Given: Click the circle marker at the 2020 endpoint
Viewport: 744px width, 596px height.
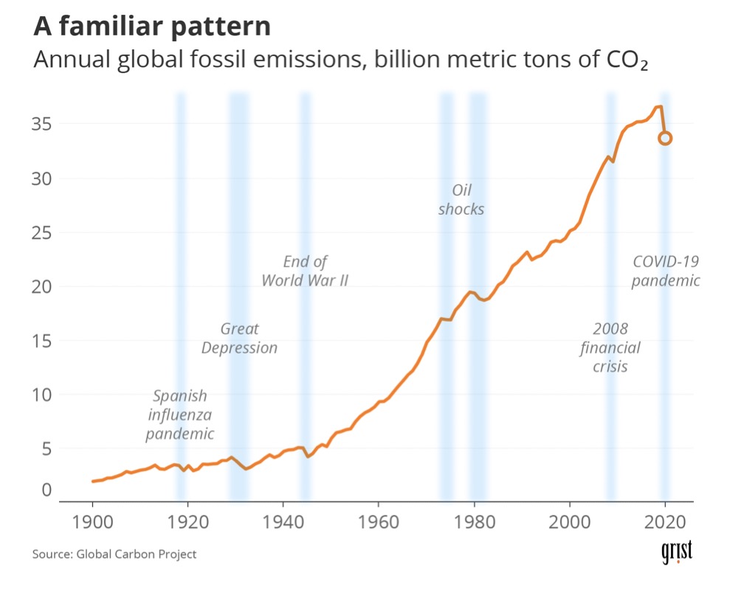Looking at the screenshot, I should coord(665,138).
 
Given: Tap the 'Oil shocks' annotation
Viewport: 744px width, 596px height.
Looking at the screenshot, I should coord(461,199).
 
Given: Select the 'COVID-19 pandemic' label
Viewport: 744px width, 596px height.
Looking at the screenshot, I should coord(666,271).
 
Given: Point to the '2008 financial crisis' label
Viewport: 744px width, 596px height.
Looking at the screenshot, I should coord(610,347).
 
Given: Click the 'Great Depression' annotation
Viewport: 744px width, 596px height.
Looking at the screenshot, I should coord(240,338).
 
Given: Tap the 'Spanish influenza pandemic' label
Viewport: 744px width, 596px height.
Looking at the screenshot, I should coord(180,415).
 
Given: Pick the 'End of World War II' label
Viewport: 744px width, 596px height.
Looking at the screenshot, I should coord(305,271).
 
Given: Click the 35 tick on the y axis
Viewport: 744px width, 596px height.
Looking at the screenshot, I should coord(41,124).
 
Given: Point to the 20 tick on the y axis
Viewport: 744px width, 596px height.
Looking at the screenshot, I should coord(41,286).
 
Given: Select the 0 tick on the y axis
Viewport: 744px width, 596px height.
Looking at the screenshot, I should coord(46,489).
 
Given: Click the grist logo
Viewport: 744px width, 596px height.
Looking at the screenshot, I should coord(677,554).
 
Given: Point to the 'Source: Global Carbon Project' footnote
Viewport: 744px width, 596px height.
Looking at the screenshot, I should coord(114,554).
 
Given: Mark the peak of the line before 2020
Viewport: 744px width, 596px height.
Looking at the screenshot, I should coord(659,107).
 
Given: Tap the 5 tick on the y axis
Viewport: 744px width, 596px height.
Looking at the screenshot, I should coord(46,448).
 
